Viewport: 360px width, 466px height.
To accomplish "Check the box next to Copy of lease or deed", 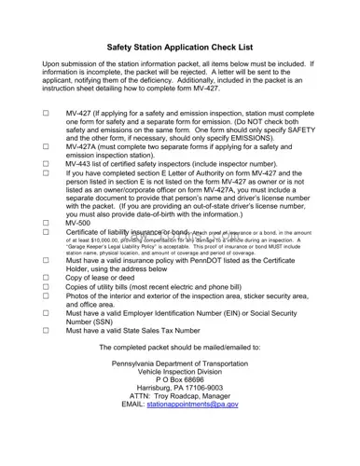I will (x=46, y=277).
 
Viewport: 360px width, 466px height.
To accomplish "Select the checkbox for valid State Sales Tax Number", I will (x=46, y=330).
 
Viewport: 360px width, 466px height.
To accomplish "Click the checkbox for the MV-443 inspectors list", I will (x=46, y=164).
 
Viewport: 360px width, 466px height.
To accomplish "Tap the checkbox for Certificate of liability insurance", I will (x=46, y=233).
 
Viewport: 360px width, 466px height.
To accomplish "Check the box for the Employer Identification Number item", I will (x=46, y=313).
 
